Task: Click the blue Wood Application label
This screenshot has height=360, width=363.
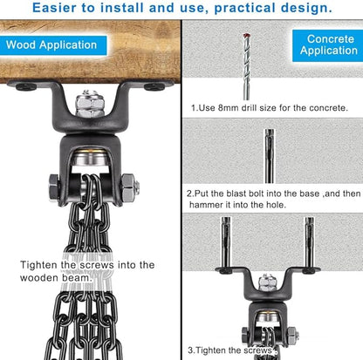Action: point(53,45)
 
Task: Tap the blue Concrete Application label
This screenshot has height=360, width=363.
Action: point(328,45)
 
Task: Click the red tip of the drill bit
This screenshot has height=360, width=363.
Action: point(247,36)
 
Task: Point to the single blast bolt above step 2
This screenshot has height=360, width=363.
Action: point(270,156)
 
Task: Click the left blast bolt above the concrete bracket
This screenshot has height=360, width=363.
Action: point(226,242)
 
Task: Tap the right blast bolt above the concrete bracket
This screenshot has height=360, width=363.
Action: point(310,242)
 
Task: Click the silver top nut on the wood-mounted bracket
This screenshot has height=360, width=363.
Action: point(90,104)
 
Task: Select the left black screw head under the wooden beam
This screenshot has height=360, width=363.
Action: point(26,86)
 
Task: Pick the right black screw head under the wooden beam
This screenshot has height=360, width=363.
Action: point(154,86)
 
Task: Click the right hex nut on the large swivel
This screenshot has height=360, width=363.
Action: point(130,187)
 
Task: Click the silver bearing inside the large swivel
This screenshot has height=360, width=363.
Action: point(90,159)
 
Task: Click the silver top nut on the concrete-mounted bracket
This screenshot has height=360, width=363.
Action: point(265,282)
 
